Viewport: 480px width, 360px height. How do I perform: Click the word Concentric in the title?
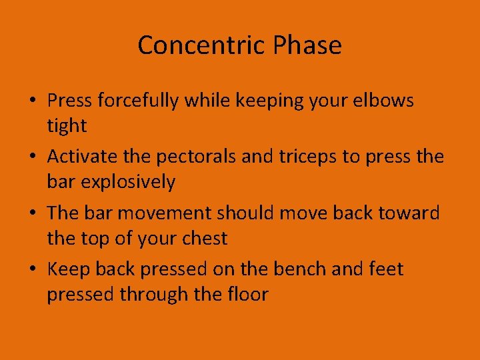point(193,45)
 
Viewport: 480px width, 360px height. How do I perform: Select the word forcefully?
point(139,101)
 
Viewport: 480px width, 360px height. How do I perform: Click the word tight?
point(67,125)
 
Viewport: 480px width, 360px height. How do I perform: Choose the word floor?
point(246,294)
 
